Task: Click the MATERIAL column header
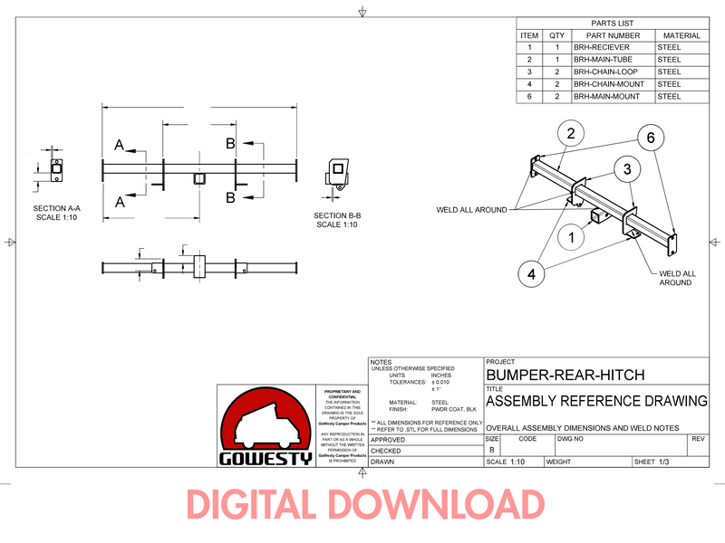[681, 35]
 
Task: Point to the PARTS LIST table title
[612, 23]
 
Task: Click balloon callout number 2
[570, 135]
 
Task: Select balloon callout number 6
[650, 138]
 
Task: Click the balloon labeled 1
[572, 238]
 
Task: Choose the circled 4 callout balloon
[533, 271]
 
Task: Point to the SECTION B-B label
[338, 220]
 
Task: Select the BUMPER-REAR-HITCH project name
[554, 374]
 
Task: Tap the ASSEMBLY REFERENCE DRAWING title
[596, 401]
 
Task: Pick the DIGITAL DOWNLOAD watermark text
[365, 504]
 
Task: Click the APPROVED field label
[387, 439]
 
